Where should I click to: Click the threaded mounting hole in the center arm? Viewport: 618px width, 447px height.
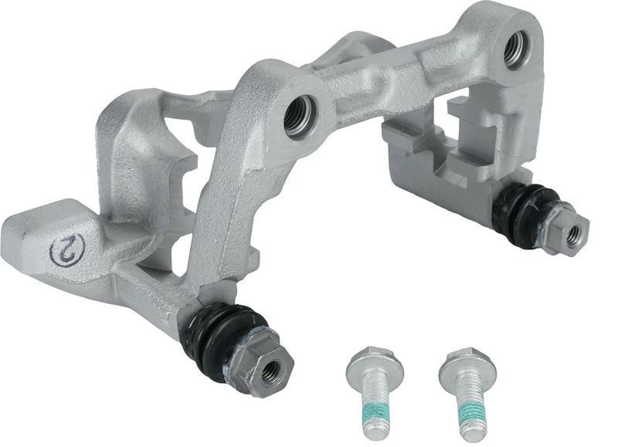click(299, 116)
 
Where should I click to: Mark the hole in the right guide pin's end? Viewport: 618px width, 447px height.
click(573, 235)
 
